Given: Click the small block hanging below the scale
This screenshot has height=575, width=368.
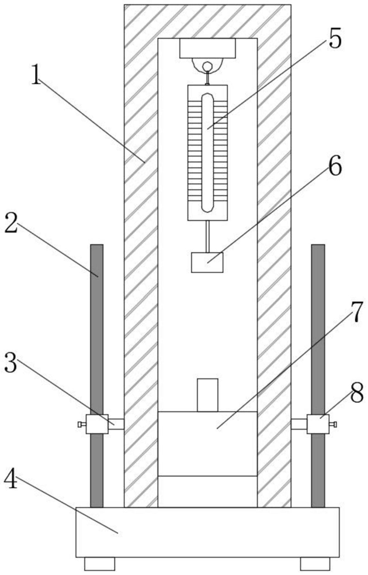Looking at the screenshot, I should point(207,262).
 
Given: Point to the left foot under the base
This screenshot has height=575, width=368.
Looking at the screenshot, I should point(100,564).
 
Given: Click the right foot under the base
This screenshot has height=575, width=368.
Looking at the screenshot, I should point(315,564).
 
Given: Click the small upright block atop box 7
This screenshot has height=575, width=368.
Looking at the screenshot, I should point(207,395).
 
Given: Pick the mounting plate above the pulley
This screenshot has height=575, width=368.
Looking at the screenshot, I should point(207,48).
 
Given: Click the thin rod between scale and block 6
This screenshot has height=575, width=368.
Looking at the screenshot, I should point(207,236).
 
